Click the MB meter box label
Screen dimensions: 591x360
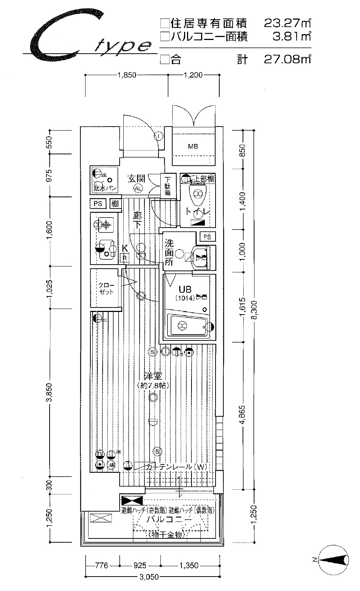[x=193, y=147]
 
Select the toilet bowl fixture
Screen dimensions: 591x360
[x=197, y=194]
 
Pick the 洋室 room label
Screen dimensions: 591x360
[x=153, y=377]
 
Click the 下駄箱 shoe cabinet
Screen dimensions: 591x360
[x=168, y=186]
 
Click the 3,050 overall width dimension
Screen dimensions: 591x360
[x=150, y=577]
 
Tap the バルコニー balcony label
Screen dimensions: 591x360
[x=169, y=519]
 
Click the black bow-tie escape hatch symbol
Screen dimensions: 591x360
[x=131, y=501]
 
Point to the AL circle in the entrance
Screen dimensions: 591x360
[x=138, y=188]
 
